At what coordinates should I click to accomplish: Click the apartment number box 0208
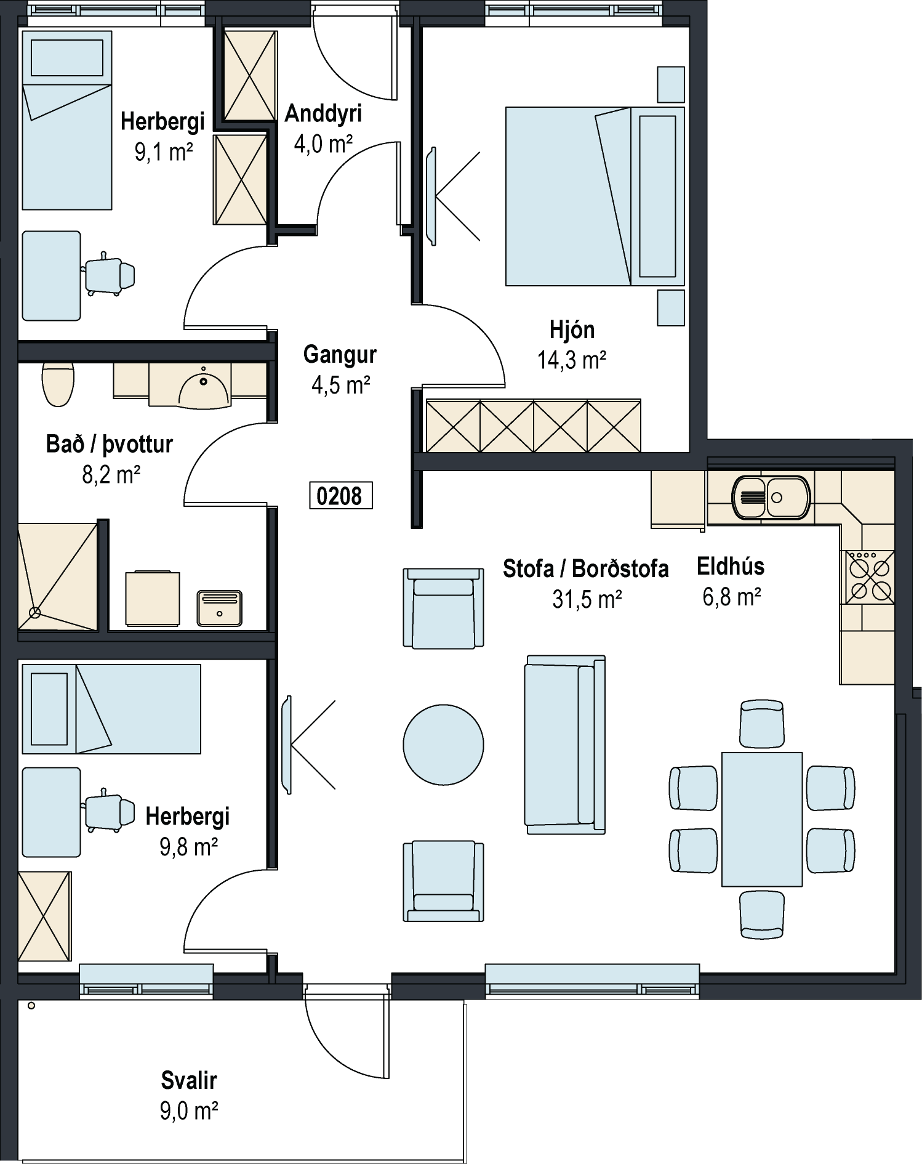pyautogui.click(x=340, y=496)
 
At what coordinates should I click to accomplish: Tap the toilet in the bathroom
pyautogui.click(x=58, y=384)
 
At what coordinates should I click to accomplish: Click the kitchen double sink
pyautogui.click(x=771, y=497)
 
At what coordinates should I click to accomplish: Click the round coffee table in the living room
pyautogui.click(x=443, y=745)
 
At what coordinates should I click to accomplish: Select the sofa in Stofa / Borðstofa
pyautogui.click(x=565, y=745)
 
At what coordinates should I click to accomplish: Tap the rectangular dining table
pyautogui.click(x=762, y=819)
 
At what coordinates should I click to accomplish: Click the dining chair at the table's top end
pyautogui.click(x=762, y=724)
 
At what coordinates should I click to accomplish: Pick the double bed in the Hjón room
pyautogui.click(x=595, y=196)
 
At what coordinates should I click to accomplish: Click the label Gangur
pyautogui.click(x=340, y=355)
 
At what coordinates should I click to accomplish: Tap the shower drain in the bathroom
pyautogui.click(x=35, y=613)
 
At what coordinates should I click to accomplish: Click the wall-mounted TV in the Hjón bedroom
pyautogui.click(x=431, y=196)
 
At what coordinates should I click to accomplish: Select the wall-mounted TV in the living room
pyautogui.click(x=286, y=745)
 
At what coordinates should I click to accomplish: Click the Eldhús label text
pyautogui.click(x=731, y=567)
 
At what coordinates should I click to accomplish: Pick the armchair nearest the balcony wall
pyautogui.click(x=443, y=881)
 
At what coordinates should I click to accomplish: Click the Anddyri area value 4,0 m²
pyautogui.click(x=323, y=144)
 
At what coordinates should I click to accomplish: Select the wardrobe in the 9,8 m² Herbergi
pyautogui.click(x=44, y=916)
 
